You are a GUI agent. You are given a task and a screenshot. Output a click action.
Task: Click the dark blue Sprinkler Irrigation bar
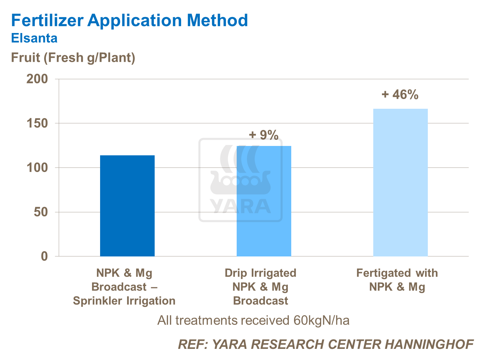(x=127, y=206)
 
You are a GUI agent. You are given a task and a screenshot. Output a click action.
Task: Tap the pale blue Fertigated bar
(x=400, y=182)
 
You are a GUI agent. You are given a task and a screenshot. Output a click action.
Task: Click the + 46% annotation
(x=400, y=95)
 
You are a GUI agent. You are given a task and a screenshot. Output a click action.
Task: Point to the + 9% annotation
(x=264, y=135)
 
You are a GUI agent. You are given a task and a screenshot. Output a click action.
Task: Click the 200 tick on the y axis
(x=37, y=79)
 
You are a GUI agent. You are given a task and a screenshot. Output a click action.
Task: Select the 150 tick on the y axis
(x=37, y=123)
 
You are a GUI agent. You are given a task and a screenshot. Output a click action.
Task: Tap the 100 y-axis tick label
(x=37, y=168)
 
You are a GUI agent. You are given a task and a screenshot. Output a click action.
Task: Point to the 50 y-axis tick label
(x=41, y=212)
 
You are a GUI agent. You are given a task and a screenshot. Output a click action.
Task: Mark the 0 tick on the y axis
(x=44, y=256)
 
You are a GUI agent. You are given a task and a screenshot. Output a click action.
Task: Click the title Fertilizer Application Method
(x=129, y=20)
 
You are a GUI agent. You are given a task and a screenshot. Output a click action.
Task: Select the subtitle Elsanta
(x=34, y=38)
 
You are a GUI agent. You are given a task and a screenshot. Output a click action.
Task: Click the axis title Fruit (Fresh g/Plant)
(x=73, y=58)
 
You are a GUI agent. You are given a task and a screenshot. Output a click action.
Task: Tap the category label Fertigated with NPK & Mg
(x=397, y=280)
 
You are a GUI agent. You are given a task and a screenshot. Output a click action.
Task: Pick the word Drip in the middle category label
(x=235, y=273)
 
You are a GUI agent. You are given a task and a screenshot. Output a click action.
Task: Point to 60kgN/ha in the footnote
(x=321, y=320)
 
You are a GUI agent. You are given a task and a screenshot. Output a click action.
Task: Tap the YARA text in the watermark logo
(x=241, y=206)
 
